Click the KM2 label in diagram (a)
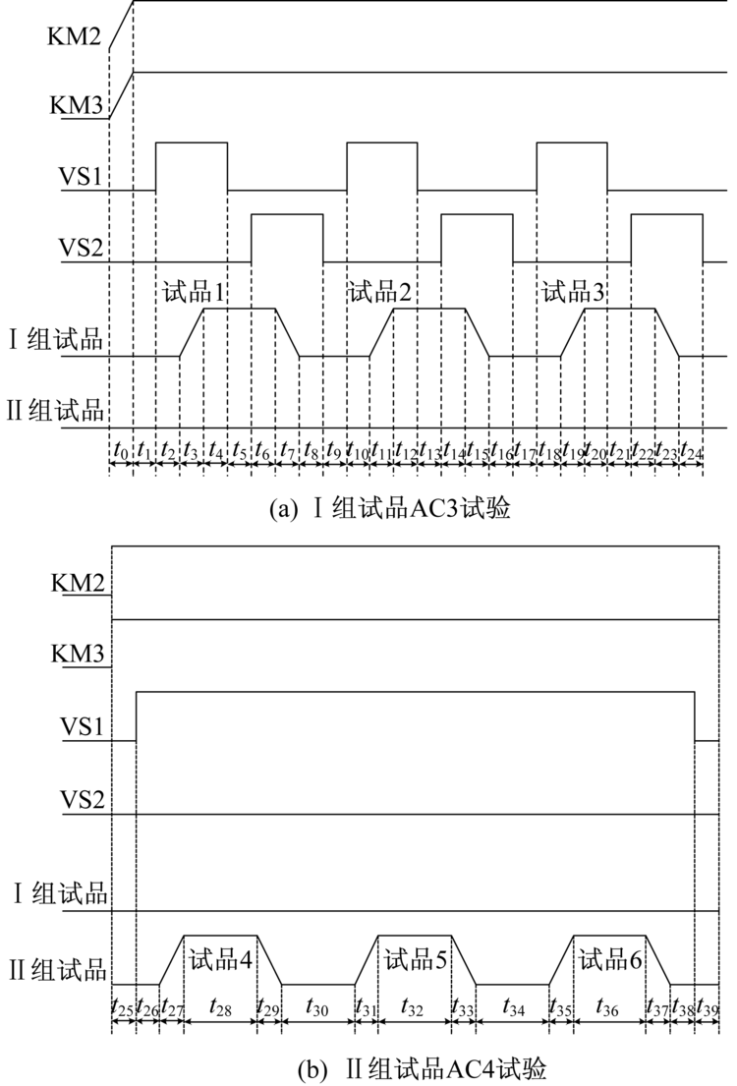(x=74, y=36)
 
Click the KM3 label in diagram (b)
(x=78, y=654)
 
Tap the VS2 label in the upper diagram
(x=82, y=248)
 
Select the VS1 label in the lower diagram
(x=82, y=726)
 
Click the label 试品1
(x=194, y=292)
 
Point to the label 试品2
(x=379, y=292)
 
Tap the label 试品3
(x=573, y=292)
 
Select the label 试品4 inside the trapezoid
(x=220, y=960)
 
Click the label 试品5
(x=415, y=960)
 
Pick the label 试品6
(x=609, y=960)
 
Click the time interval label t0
(x=121, y=450)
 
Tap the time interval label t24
(x=691, y=450)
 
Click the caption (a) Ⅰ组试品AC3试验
(x=389, y=509)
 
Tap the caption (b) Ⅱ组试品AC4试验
(x=422, y=1068)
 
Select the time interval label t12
(x=406, y=450)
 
